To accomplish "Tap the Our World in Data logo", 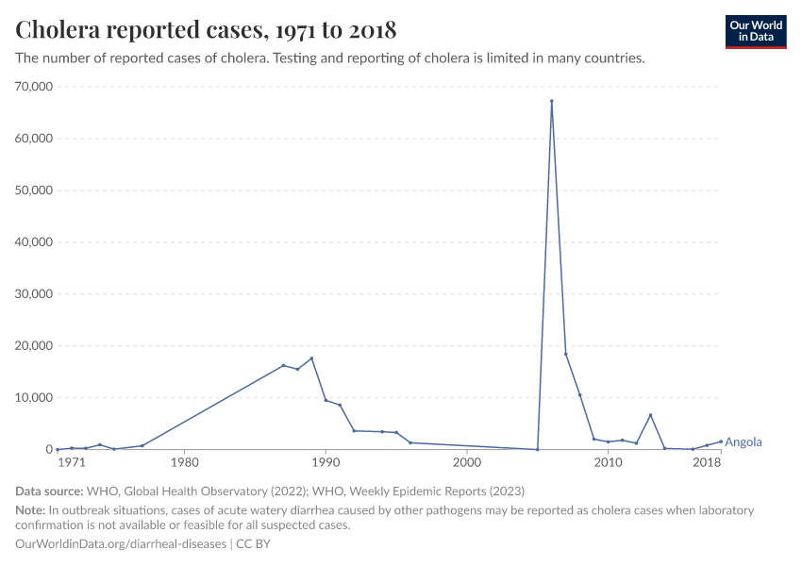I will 755,31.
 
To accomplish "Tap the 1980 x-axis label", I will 184,463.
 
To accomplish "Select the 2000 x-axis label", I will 466,463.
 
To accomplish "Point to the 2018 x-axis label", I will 707,463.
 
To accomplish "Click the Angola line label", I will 744,441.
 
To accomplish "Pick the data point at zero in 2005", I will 537,449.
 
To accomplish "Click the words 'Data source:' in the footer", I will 49,491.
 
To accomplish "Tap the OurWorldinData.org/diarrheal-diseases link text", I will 121,544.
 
